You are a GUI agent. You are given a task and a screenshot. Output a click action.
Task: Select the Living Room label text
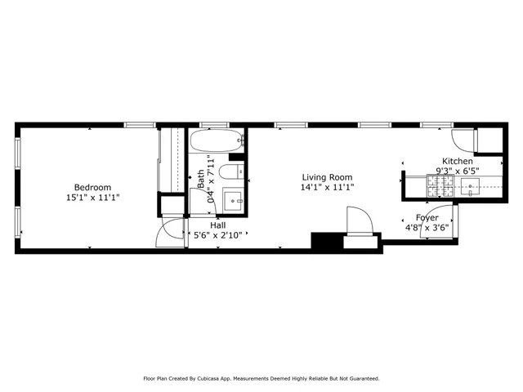[x=327, y=177]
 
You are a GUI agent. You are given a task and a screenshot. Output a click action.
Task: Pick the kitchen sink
[x=472, y=188]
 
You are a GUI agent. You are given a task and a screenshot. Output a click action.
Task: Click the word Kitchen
[x=457, y=161]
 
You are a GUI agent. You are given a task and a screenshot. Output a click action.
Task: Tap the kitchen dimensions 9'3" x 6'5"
[x=457, y=171]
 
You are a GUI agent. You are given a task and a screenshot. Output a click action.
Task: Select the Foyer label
[x=427, y=217]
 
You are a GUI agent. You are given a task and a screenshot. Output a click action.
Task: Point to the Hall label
[x=218, y=225]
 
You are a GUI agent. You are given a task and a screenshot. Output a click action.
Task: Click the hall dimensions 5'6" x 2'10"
[x=218, y=235]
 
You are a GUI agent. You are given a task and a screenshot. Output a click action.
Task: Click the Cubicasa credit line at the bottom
[x=261, y=378]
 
